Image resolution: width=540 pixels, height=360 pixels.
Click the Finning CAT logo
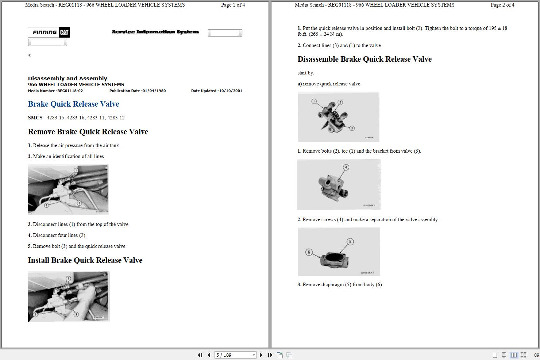pos(49,32)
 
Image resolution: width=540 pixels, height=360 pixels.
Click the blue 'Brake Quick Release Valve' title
pos(73,104)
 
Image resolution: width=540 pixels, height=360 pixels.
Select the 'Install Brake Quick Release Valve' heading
pos(85,260)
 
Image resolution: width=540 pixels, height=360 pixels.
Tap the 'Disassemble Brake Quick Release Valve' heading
pos(364,59)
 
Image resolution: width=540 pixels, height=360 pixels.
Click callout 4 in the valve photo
pos(346,167)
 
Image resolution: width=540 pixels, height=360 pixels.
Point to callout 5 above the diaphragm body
pos(350,241)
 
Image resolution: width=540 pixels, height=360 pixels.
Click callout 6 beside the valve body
pos(309,252)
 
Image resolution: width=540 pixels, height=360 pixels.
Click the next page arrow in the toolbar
pos(261,355)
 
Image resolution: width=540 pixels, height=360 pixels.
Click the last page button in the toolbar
pos(270,355)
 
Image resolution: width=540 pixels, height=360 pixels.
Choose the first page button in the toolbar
pos(200,355)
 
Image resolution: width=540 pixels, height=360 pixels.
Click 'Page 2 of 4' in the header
pos(502,5)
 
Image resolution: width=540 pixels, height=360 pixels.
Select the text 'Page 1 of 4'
pos(233,5)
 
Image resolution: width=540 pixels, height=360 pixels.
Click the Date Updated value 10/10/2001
pos(230,91)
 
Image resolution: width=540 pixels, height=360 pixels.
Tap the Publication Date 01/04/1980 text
pos(154,91)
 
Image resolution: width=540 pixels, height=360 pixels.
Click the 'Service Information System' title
pos(155,32)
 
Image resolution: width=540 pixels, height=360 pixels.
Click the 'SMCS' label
pos(35,118)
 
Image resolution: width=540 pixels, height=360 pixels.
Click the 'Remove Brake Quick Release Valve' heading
pos(88,132)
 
